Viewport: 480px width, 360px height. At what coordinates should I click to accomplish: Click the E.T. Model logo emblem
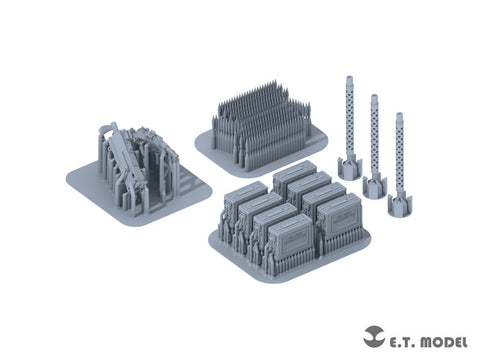coord(374,336)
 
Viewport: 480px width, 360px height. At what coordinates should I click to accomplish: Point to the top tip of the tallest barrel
coord(350,77)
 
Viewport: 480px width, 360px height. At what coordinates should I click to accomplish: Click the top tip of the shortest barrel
coord(399,114)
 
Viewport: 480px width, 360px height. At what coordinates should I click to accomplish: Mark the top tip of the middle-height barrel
coord(374,96)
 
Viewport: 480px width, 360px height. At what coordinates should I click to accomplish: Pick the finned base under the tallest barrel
coord(350,167)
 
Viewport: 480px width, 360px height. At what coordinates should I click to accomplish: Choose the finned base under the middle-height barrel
coord(375,186)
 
